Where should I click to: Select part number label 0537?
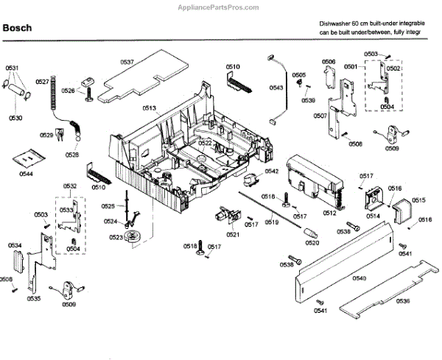127,63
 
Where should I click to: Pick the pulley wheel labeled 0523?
135,236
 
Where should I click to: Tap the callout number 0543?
276,88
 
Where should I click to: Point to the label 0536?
402,301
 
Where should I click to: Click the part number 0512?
329,213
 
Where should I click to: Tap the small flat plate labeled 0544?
28,158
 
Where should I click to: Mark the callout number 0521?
233,234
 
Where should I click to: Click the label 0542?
272,172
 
